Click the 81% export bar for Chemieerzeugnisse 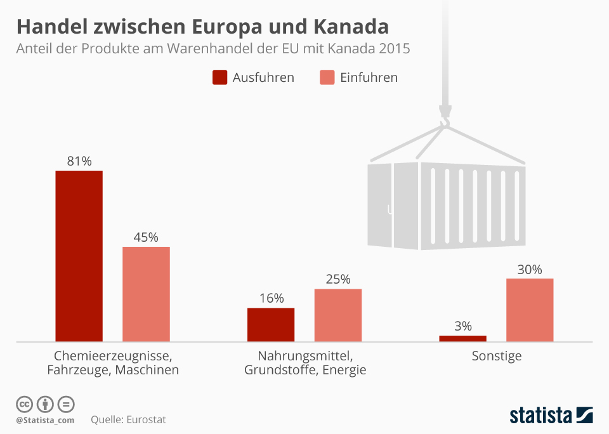79,256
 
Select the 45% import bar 146,294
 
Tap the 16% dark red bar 271,325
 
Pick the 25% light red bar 338,315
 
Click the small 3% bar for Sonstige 462,339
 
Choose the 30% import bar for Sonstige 530,310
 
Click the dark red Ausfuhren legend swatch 220,77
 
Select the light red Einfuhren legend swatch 327,77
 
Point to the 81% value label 79,161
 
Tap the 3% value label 463,326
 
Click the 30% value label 530,269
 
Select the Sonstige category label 497,356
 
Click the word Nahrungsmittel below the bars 304,355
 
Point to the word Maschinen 147,369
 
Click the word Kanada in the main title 351,27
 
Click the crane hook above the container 445,117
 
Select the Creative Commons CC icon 24,404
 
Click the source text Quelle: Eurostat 128,419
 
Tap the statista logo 551,415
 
